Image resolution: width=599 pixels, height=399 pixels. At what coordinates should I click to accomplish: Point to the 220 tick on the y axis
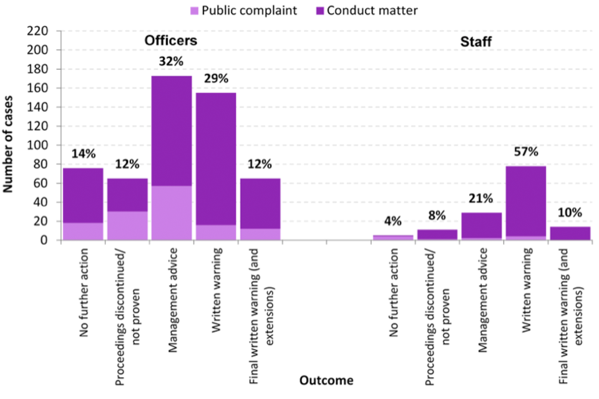47,31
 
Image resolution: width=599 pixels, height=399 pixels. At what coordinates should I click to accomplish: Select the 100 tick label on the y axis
47,145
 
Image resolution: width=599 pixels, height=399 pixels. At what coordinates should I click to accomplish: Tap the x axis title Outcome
326,380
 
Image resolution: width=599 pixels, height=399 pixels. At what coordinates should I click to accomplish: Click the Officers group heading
171,41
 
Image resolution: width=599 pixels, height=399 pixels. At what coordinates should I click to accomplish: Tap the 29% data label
216,79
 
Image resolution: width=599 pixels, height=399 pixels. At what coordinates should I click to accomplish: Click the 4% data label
393,221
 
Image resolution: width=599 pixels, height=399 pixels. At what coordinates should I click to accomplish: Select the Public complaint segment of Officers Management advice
171,213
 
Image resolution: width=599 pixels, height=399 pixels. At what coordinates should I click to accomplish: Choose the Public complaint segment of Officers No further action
82,231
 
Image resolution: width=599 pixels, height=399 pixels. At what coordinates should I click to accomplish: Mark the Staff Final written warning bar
570,233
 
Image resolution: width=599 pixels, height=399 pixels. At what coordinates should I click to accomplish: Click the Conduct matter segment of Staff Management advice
482,225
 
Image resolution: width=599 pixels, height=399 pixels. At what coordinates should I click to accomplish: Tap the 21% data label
482,199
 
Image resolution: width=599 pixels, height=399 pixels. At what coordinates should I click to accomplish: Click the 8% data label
437,216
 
